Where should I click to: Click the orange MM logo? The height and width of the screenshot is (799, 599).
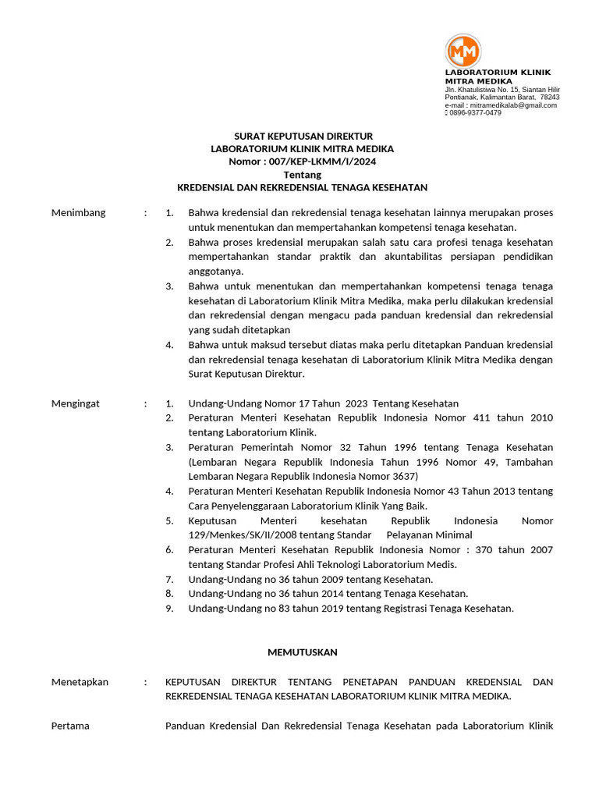pyautogui.click(x=463, y=51)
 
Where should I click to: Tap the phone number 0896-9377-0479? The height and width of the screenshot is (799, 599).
pyautogui.click(x=475, y=113)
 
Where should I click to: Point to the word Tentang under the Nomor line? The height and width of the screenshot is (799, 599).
pyautogui.click(x=302, y=175)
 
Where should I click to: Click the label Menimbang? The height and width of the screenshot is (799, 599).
pyautogui.click(x=78, y=213)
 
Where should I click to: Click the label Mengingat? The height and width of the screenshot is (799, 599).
pyautogui.click(x=76, y=403)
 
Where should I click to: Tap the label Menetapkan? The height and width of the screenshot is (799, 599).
pyautogui.click(x=80, y=682)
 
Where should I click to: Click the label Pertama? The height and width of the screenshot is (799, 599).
pyautogui.click(x=70, y=726)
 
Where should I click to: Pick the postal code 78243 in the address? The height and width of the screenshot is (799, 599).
pyautogui.click(x=549, y=98)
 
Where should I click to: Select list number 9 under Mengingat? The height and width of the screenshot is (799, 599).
pyautogui.click(x=169, y=609)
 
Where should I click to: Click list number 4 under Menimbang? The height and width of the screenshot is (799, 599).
pyautogui.click(x=169, y=345)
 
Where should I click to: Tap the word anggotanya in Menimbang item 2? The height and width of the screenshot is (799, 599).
pyautogui.click(x=216, y=272)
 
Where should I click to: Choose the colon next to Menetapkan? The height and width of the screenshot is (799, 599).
pyautogui.click(x=145, y=682)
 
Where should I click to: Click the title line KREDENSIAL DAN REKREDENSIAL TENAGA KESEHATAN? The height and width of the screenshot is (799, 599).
pyautogui.click(x=302, y=188)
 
